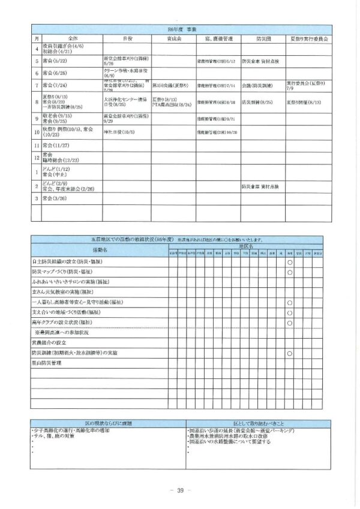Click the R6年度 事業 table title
(x=180, y=29)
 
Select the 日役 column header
(x=127, y=38)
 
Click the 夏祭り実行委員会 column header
(x=308, y=38)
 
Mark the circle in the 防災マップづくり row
(x=289, y=272)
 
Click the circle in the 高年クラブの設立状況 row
(x=289, y=322)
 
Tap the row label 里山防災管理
(x=47, y=363)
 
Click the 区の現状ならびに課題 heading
(x=107, y=423)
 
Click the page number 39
(x=179, y=490)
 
